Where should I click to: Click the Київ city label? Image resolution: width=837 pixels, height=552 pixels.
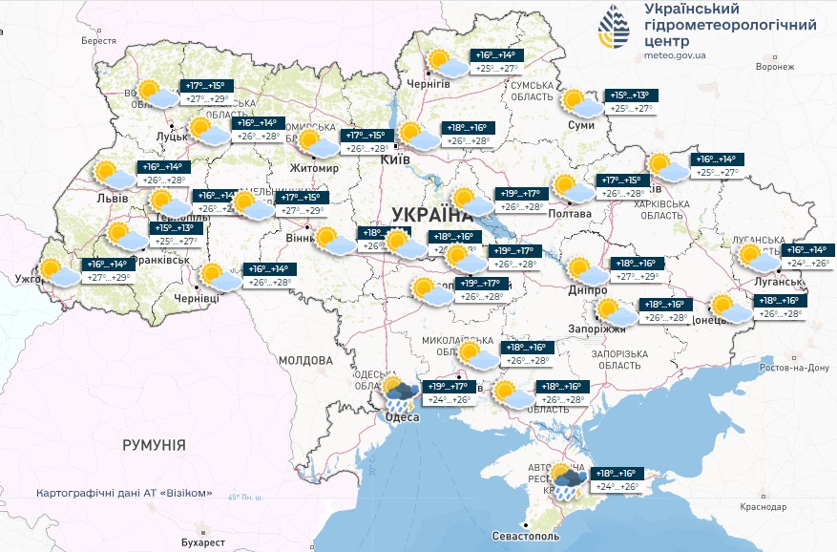(x=395, y=159)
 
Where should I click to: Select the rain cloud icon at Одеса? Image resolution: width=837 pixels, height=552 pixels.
(x=398, y=393)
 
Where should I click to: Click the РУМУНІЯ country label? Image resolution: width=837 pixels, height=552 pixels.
(x=154, y=445)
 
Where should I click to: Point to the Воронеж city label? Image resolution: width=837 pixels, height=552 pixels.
(x=774, y=67)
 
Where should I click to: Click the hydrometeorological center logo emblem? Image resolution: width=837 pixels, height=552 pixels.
(x=614, y=27)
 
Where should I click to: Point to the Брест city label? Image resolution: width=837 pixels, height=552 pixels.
(x=98, y=41)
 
